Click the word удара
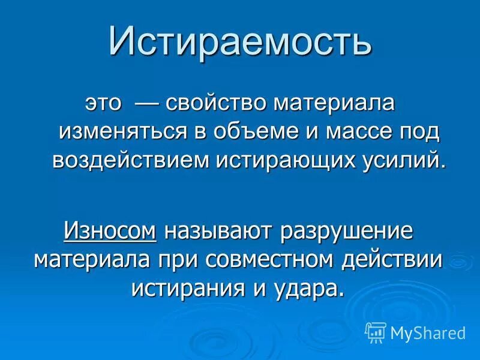pos(306,287)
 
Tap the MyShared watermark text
pos(427,332)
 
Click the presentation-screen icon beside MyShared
pos(376,332)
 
